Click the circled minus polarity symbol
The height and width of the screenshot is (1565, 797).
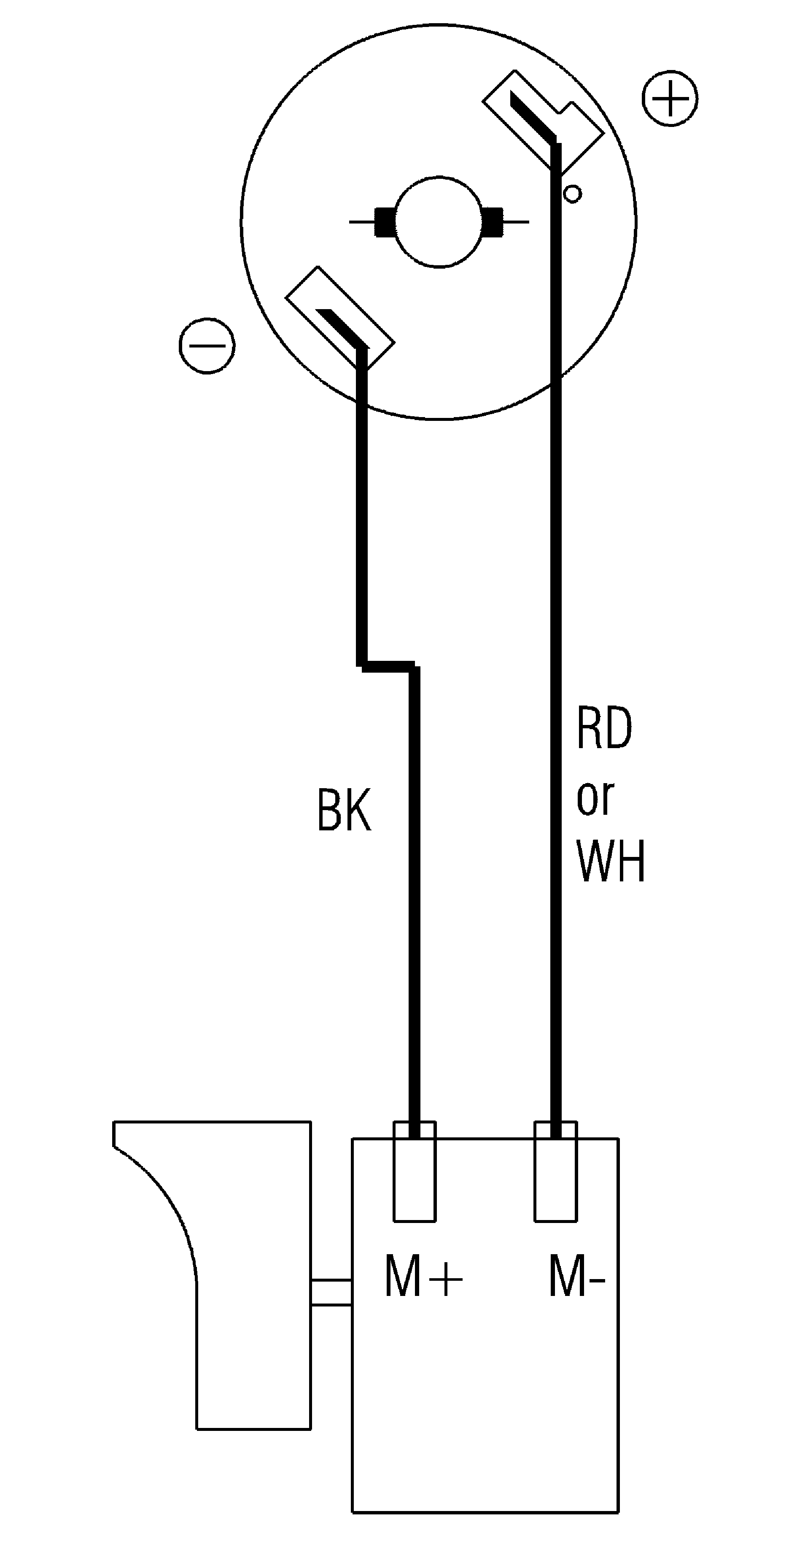pos(207,345)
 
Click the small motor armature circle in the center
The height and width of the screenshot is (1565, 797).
pos(439,222)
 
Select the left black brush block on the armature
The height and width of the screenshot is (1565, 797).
pos(385,222)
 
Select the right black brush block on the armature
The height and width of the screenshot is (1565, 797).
pos(493,222)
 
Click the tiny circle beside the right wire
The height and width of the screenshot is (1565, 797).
pos(572,194)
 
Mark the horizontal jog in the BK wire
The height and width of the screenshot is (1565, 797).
pos(389,666)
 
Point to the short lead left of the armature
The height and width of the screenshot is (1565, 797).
pos(362,222)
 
